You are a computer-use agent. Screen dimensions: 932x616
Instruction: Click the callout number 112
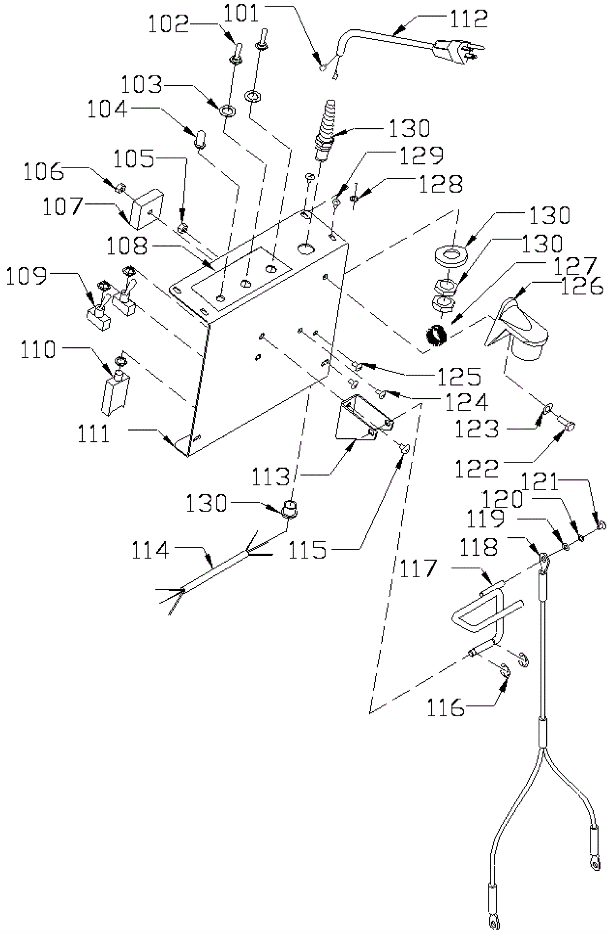(468, 18)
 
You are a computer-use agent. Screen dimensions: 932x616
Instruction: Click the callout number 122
(476, 468)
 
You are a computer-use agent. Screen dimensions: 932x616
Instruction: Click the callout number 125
(459, 376)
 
